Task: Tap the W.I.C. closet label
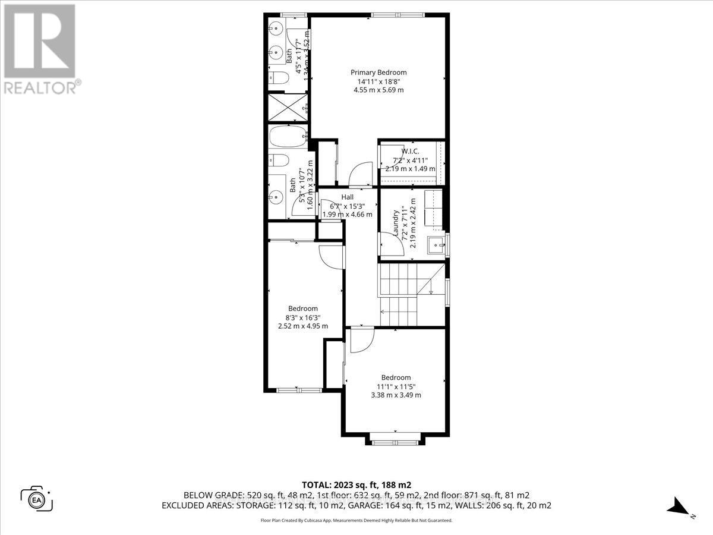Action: point(410,152)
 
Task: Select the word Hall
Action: point(348,197)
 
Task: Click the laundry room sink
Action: point(438,244)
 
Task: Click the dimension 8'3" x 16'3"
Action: point(303,318)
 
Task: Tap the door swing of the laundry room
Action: point(388,243)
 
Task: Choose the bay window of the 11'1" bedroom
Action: point(396,440)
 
